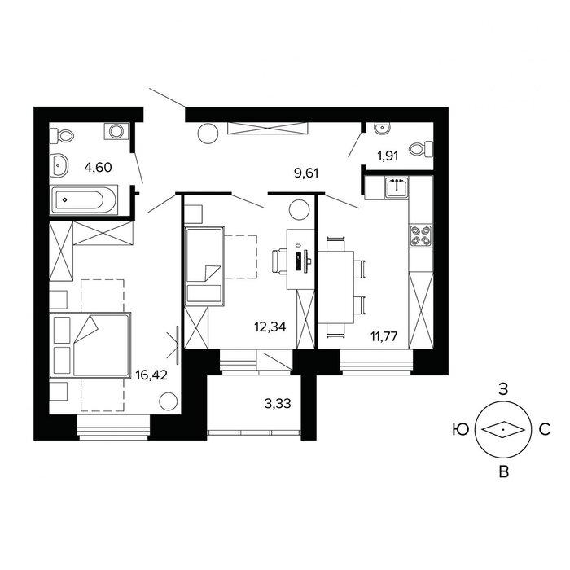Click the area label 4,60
click(98, 168)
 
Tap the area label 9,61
click(306, 173)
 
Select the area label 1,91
click(388, 156)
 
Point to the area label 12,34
click(270, 327)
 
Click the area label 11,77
click(384, 335)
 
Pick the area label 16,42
click(151, 375)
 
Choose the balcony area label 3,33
click(278, 404)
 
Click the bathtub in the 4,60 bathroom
click(84, 199)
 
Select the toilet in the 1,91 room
click(421, 149)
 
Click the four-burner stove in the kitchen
click(421, 235)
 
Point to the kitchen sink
click(397, 187)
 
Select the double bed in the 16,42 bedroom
click(90, 345)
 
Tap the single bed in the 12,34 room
click(204, 266)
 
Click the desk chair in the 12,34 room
click(279, 261)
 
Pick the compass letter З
click(503, 389)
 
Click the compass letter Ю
click(461, 430)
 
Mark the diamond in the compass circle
click(503, 430)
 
